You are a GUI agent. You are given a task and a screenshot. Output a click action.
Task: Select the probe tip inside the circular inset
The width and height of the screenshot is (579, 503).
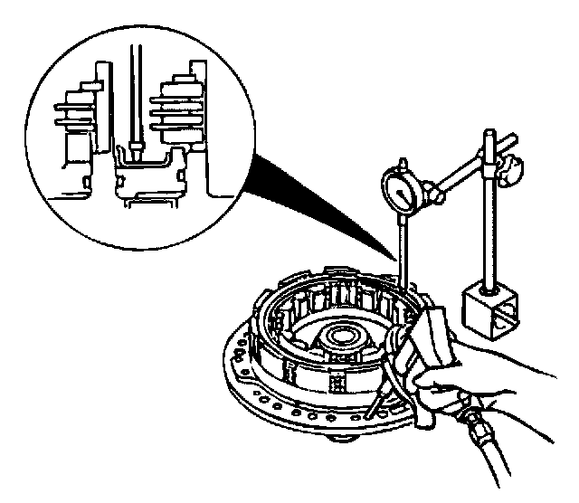pyautogui.click(x=136, y=155)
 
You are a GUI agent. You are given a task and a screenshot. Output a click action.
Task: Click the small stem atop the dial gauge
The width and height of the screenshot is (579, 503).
pyautogui.click(x=398, y=162)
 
